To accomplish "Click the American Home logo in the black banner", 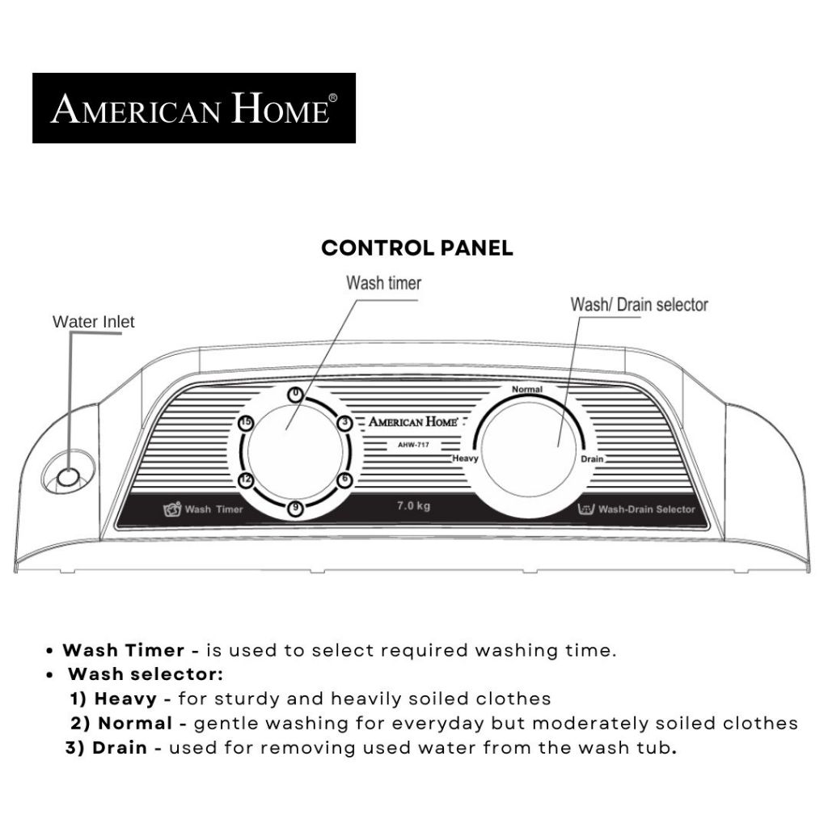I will [194, 108].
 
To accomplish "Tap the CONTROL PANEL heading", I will [416, 248].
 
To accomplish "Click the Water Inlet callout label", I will [94, 322].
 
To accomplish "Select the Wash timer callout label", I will [383, 283].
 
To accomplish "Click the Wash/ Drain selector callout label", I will [639, 305].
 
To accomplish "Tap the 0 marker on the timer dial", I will [296, 394].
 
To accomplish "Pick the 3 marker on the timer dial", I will [344, 422].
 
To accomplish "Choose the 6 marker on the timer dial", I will [344, 479].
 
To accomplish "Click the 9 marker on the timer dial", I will [296, 508].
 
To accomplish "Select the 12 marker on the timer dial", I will [247, 480].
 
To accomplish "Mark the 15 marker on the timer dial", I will [247, 423].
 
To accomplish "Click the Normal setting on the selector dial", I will [527, 389].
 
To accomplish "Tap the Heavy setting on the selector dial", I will [466, 458].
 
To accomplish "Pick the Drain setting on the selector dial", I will [592, 458].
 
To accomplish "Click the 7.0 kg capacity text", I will [413, 507].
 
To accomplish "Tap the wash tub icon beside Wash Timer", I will [171, 509].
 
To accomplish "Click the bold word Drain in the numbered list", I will [120, 748].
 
